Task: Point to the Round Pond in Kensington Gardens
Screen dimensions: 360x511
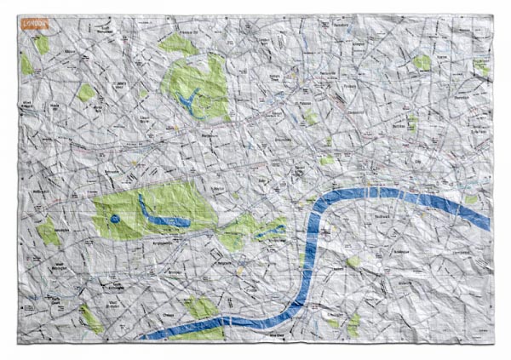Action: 114,220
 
